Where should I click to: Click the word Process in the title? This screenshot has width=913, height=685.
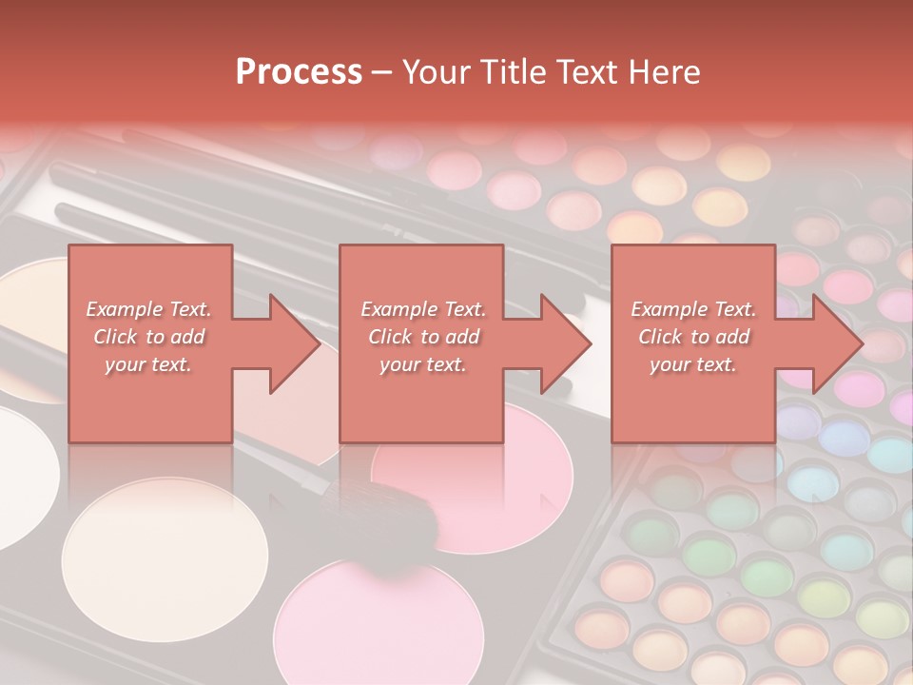click(x=299, y=72)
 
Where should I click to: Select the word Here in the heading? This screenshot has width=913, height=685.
click(x=665, y=72)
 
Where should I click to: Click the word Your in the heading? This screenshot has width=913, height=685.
click(x=436, y=72)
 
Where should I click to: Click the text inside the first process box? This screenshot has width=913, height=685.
click(x=148, y=336)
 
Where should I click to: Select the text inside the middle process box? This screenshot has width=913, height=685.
click(x=422, y=336)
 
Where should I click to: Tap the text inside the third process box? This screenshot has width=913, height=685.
click(x=693, y=336)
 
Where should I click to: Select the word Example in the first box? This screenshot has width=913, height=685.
click(x=125, y=309)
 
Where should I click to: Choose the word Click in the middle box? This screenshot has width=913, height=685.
click(x=389, y=337)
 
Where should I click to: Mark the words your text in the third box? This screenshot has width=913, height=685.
click(x=693, y=363)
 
